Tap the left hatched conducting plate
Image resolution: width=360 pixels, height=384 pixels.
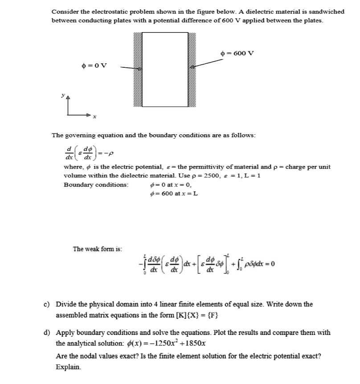point(137,69)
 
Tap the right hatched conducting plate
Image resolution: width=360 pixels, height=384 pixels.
point(192,69)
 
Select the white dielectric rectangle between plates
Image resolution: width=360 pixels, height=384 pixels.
point(164,69)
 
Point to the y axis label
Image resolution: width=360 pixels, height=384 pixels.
point(63,96)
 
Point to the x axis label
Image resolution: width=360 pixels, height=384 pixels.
point(94,117)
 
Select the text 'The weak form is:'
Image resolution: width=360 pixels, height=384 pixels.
point(98,248)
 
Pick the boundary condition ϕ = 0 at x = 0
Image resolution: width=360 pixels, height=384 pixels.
point(171,184)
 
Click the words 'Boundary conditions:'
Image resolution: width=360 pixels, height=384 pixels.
point(96,184)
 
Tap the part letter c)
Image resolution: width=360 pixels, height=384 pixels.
point(46,304)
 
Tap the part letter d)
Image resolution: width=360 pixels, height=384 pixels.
point(46,333)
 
